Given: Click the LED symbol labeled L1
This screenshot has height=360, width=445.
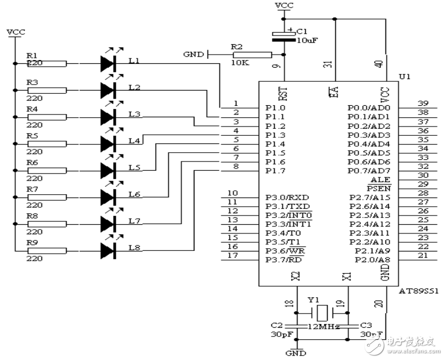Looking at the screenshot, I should (x=108, y=63).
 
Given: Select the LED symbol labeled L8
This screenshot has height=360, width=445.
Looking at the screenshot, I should (x=108, y=250).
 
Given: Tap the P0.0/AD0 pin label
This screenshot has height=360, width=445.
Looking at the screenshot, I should (x=369, y=107).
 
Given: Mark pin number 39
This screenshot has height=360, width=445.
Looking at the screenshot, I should (x=422, y=103).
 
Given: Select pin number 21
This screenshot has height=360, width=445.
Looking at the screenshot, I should (x=422, y=255).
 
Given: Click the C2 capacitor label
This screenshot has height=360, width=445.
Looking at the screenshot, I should (x=277, y=325).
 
